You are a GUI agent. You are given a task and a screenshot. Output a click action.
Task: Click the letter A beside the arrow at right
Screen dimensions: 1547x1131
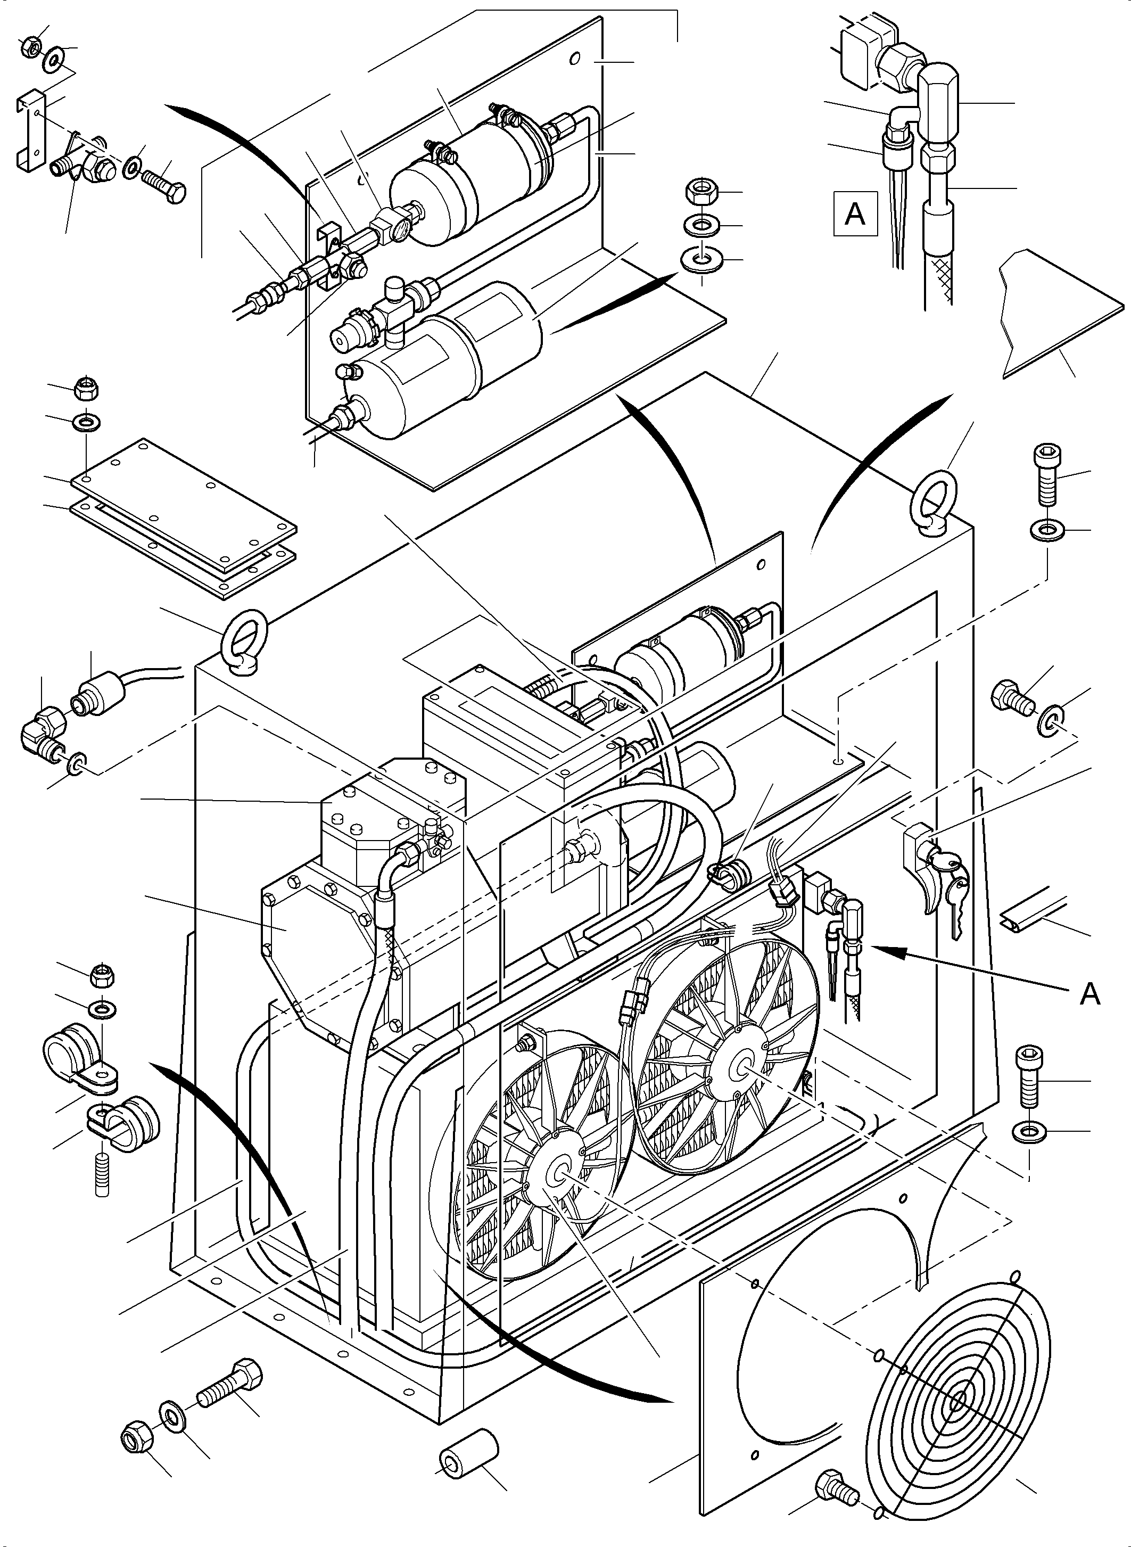[x=1089, y=994]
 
